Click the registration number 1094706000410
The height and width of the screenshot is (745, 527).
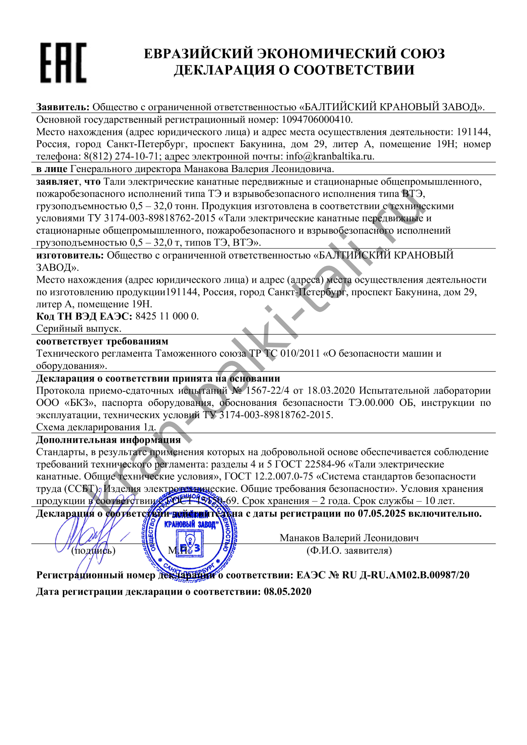pos(317,120)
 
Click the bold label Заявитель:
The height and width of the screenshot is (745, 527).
pos(63,107)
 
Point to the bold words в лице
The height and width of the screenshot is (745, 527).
pos(52,169)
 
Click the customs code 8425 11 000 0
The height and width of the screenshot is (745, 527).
pos(167,316)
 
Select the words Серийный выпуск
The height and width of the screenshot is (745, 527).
pos(79,329)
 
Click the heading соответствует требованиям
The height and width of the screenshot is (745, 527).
pos(102,341)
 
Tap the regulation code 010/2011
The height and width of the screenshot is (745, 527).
pos(300,353)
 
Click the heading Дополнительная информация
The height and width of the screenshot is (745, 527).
pos(109,440)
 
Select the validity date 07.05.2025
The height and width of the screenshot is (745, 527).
pos(382,513)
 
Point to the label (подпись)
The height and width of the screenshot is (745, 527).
pos(93,550)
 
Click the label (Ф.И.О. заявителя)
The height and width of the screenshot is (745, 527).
pos(349,550)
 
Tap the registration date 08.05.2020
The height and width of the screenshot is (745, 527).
pos(287,592)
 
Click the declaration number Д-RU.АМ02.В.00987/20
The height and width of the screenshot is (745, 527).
pos(414,575)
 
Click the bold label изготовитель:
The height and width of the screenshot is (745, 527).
pos(70,255)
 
